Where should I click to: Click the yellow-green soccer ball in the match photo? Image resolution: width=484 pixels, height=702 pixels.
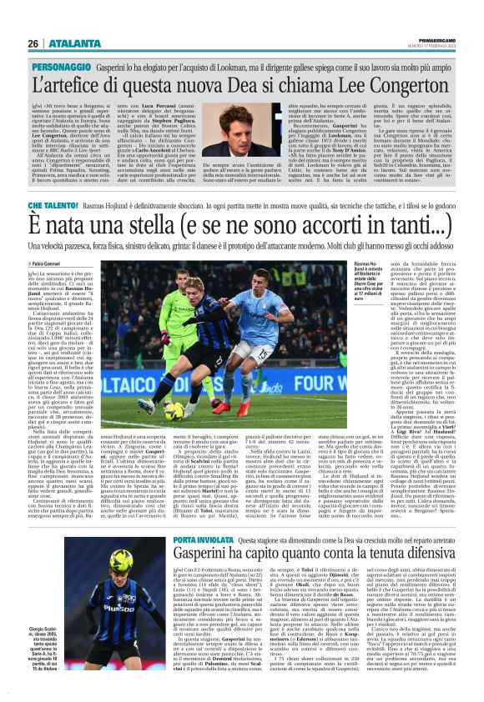pos(172,410)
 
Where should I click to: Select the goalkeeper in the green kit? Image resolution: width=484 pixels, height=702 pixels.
pos(182,321)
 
